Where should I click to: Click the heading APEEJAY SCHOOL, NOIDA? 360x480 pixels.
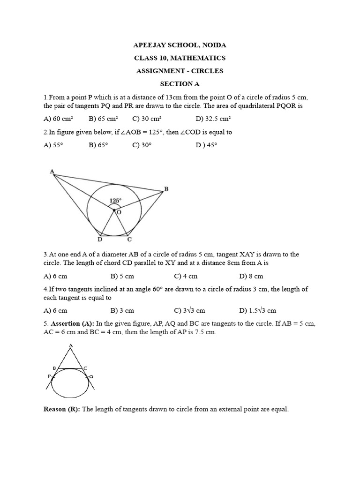point(180,45)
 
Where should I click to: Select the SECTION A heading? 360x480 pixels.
point(180,84)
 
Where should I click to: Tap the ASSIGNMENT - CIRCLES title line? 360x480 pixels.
point(180,71)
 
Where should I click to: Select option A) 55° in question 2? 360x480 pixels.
point(53,145)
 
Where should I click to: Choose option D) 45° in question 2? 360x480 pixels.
point(207,145)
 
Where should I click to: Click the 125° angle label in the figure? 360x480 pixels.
point(115,201)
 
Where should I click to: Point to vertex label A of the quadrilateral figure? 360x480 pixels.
point(52,172)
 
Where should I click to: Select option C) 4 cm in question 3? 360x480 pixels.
point(186,276)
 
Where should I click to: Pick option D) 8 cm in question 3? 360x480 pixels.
point(251,276)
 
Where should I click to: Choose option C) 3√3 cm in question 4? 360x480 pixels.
point(189,310)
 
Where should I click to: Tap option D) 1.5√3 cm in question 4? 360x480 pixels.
point(257,310)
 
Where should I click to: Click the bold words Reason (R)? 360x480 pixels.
point(62,409)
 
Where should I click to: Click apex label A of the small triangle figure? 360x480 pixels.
point(70,346)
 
